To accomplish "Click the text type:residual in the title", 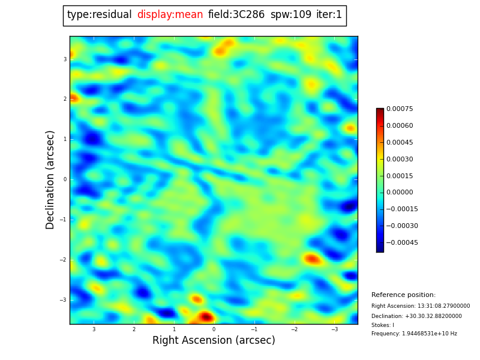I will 99,15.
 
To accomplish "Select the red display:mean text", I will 170,15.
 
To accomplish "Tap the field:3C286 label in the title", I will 236,15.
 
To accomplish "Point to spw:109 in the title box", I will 291,15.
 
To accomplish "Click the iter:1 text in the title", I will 329,15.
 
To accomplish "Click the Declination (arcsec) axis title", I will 50,179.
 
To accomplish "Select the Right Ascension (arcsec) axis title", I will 214,341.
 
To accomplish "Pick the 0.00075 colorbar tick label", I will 400,109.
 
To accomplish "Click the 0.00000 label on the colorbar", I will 400,193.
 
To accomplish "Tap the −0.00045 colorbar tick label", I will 402,243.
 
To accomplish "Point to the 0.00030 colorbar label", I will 400,159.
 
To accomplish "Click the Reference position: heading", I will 403,295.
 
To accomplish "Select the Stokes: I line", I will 383,325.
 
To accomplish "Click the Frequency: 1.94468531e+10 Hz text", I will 414,334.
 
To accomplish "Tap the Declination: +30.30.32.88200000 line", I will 416,316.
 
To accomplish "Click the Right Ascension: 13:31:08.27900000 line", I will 421,306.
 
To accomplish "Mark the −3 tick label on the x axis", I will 334,329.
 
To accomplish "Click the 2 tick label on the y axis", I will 65,99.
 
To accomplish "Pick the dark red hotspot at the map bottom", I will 206,316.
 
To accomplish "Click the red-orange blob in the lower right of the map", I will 312,259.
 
